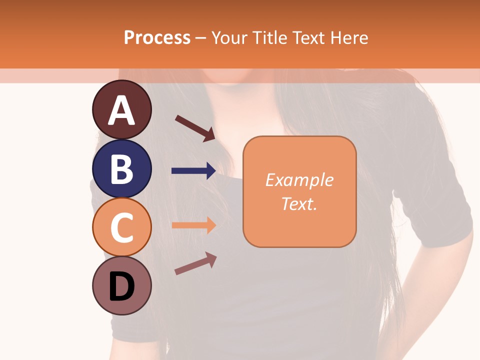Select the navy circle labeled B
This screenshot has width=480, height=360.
(x=121, y=169)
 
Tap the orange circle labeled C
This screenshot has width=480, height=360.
(x=121, y=227)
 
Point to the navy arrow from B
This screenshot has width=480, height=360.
(x=193, y=171)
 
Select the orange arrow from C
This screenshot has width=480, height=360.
(x=193, y=225)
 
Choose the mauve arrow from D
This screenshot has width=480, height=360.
(x=195, y=263)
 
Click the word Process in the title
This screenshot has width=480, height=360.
(x=157, y=37)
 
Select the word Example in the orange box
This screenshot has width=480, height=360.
(x=299, y=180)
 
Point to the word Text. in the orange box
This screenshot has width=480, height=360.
(x=299, y=203)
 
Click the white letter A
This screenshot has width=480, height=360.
(x=121, y=111)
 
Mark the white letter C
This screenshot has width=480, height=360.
(x=121, y=227)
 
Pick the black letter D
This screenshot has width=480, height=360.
(x=121, y=286)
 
